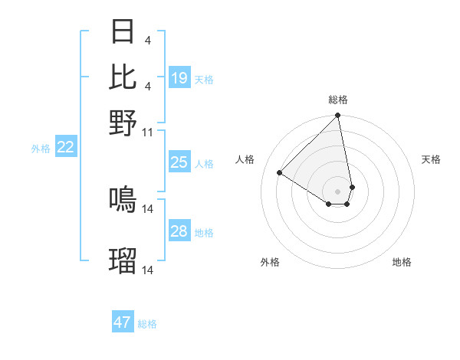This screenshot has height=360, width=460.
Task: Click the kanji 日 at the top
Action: pos(123,32)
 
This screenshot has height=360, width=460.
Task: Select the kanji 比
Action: pos(123,77)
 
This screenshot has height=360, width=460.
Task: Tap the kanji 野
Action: pos(123,123)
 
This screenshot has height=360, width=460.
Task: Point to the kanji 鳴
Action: pos(123,200)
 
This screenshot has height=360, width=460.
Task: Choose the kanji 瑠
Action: pos(123,261)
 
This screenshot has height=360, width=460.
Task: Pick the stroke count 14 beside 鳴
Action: pos(148,208)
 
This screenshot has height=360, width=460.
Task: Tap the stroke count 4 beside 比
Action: pos(147,86)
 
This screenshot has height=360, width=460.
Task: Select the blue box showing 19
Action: pos(179,78)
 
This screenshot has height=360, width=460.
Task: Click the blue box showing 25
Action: pos(179,162)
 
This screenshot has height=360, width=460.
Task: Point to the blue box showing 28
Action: pos(179,231)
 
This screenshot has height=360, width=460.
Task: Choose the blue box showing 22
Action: pos(65,148)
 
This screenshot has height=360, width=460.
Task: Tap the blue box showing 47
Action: pos(123,322)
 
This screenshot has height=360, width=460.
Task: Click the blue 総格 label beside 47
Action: pos(147,324)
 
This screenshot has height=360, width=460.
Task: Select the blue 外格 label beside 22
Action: pos(41,149)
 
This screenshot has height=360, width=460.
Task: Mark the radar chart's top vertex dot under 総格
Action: pos(337,116)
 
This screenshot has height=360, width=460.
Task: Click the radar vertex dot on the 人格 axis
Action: pos(280,173)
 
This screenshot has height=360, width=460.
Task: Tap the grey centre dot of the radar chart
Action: pos(337,191)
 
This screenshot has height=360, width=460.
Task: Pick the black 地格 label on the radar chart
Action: pos(402,263)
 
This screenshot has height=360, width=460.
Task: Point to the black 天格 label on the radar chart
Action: pos(431,159)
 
